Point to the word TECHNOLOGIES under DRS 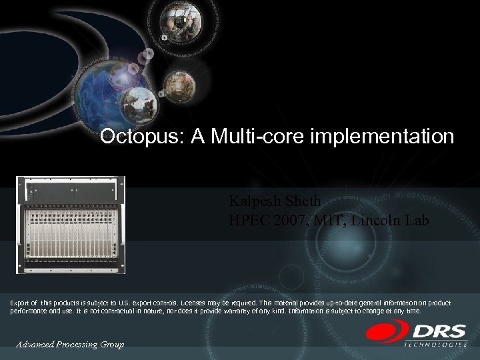(436, 344)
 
